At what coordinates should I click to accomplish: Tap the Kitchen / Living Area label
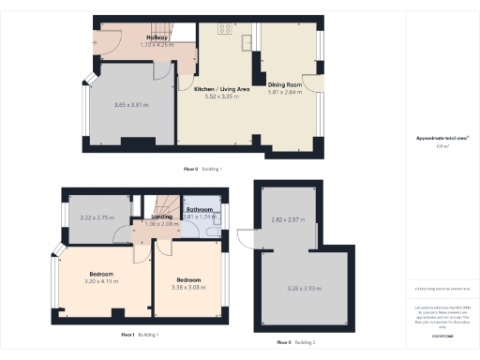221,88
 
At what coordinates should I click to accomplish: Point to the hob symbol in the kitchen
225,28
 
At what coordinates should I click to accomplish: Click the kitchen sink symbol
247,40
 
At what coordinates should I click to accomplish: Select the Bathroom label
200,210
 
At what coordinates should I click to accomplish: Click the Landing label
161,217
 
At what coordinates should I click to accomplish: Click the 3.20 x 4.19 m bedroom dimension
102,281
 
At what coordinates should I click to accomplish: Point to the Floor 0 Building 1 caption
204,168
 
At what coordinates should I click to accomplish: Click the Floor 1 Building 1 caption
141,335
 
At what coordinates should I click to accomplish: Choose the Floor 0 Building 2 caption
296,343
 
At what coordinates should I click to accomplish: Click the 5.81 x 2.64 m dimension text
287,92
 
